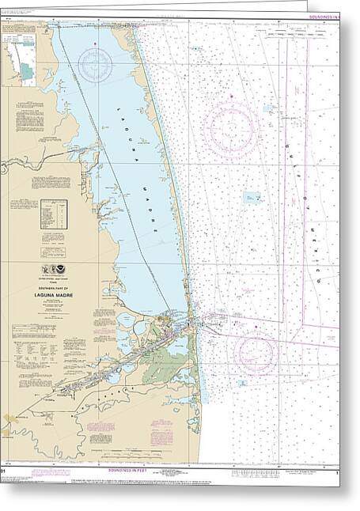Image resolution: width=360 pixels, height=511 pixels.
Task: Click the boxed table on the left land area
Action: pos(54,214)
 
